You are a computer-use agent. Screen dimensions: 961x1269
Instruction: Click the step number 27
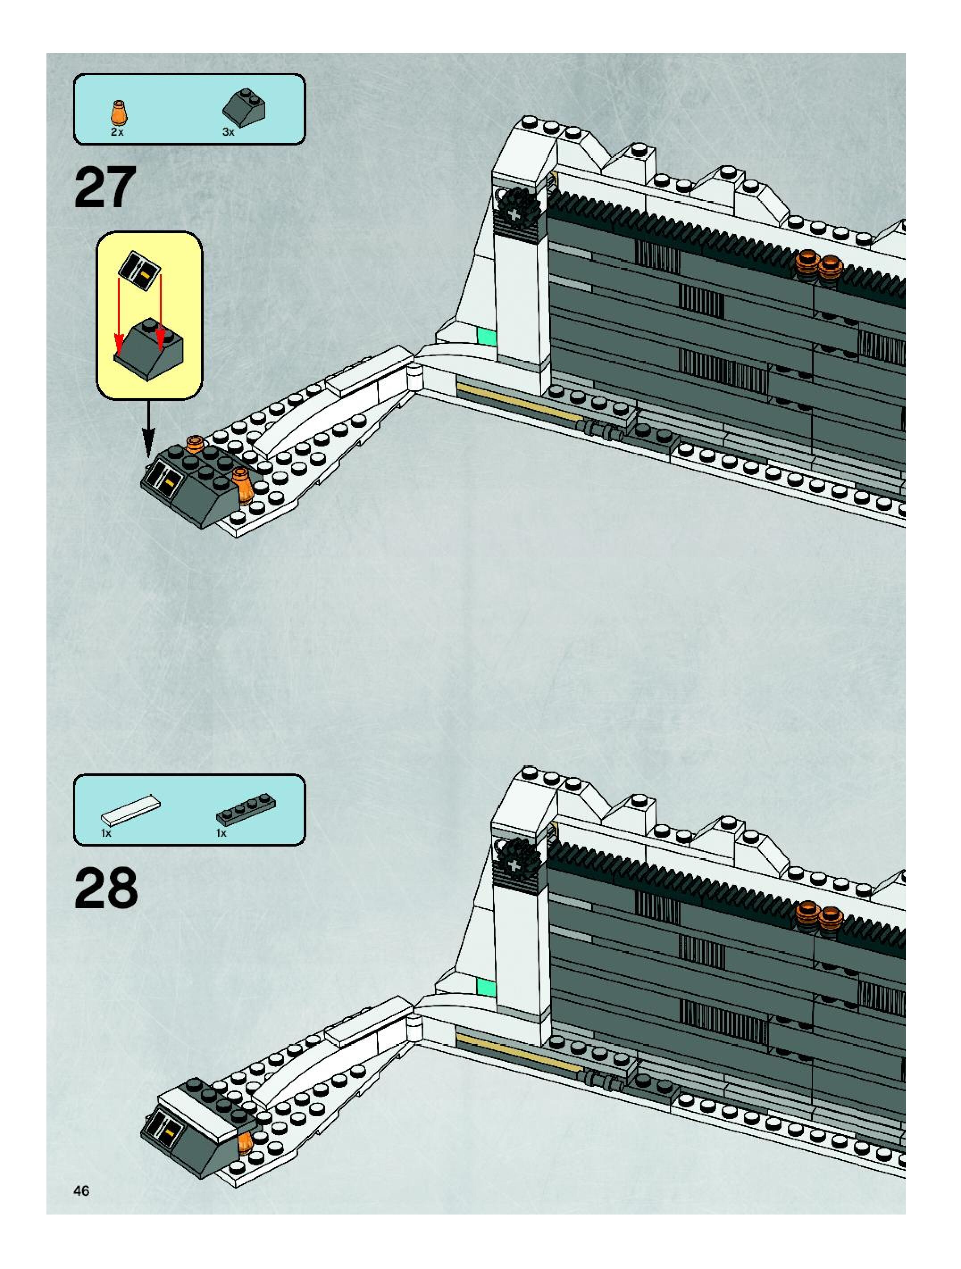click(x=105, y=188)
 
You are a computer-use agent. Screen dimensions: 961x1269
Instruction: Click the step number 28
click(x=106, y=888)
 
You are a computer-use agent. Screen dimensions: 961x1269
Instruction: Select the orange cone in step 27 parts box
click(x=119, y=113)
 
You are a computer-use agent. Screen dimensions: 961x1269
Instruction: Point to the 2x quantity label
click(x=117, y=133)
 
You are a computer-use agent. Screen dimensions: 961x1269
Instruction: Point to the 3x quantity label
click(x=228, y=133)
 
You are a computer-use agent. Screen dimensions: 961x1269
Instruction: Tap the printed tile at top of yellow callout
click(x=140, y=270)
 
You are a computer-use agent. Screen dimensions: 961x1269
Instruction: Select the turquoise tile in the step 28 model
click(x=485, y=986)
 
